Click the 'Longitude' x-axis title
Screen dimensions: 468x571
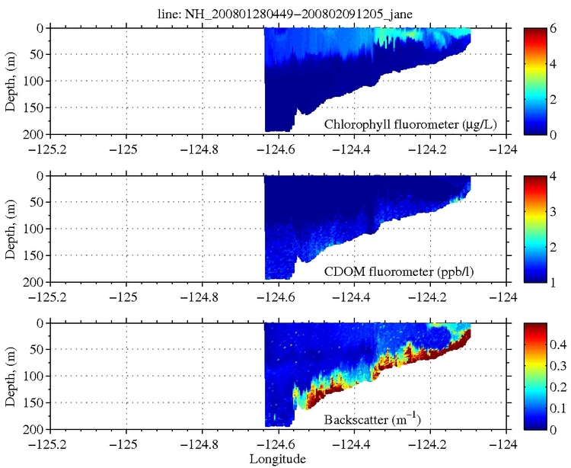point(278,459)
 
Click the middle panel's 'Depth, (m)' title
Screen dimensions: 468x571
point(11,229)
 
